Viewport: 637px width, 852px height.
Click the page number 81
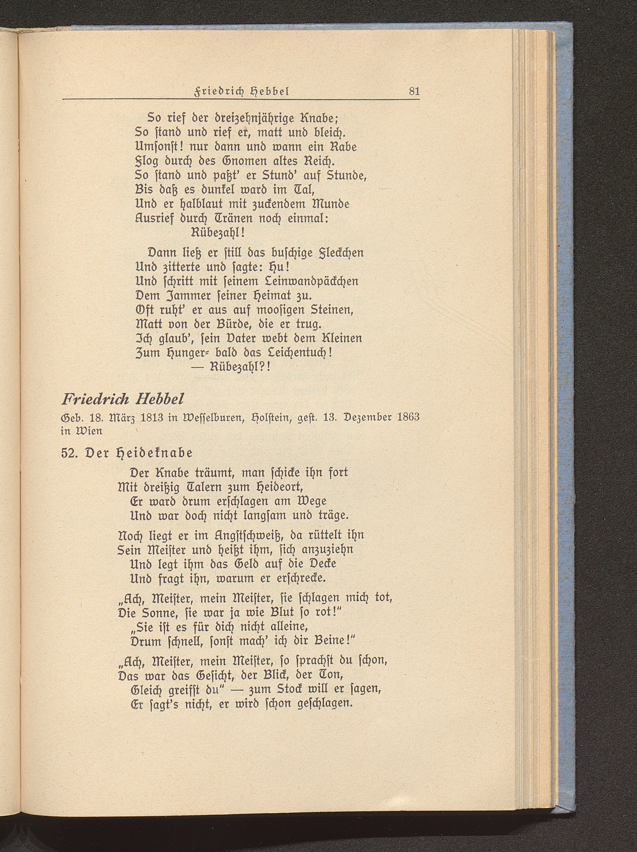point(414,92)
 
